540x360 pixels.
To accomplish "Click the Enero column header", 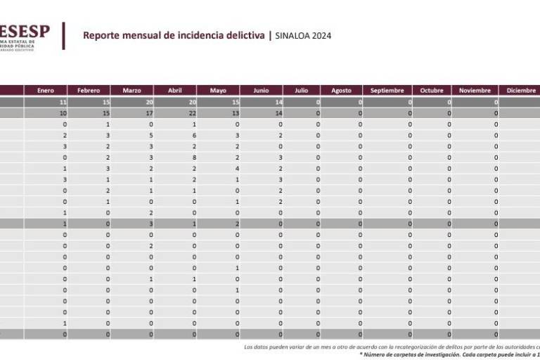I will point(46,90).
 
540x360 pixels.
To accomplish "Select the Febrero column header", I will point(89,90).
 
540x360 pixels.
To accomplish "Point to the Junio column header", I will point(261,90).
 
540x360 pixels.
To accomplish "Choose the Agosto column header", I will point(341,90).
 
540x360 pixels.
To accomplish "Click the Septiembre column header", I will point(387,90).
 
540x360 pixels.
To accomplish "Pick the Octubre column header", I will point(432,90).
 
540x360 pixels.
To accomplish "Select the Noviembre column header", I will point(475,90).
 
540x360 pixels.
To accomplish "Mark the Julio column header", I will point(301,90).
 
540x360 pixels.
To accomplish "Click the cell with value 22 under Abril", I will point(193,112).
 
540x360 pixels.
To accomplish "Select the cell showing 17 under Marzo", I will point(150,112).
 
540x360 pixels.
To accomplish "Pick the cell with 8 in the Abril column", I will point(195,157).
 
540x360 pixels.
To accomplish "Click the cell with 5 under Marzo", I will point(151,135).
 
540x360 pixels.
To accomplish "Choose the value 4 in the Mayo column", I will point(238,169).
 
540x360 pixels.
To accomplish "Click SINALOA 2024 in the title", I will point(302,35).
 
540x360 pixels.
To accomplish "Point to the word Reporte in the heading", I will point(101,35).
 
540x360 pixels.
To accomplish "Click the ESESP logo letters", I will point(25,30).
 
